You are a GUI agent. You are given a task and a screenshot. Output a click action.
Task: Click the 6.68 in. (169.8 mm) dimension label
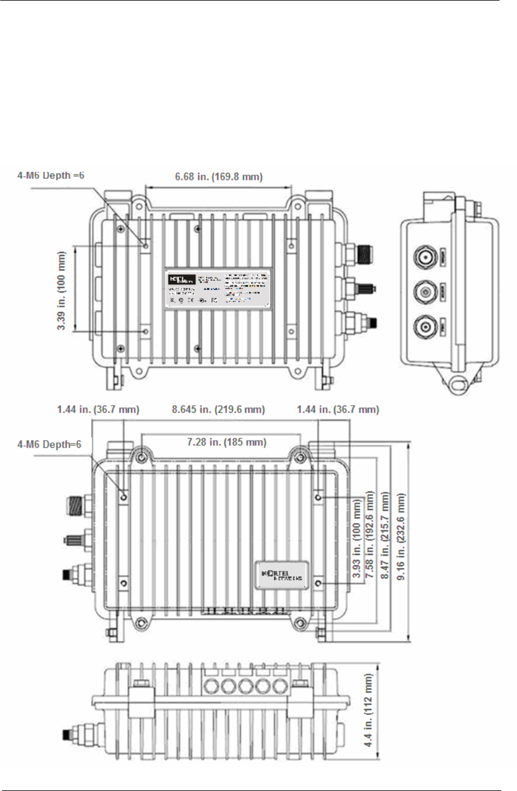[x=218, y=176]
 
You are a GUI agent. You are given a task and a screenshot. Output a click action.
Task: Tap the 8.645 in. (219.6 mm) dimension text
[x=222, y=408]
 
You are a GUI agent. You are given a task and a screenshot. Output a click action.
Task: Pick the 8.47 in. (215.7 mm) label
[x=386, y=545]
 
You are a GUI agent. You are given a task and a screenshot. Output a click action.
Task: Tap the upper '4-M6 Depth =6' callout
[x=51, y=175]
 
